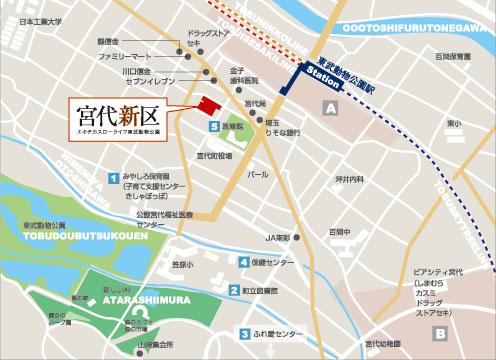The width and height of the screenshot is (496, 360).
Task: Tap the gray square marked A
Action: (x=327, y=107)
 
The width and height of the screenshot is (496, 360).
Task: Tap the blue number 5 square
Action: (x=214, y=127)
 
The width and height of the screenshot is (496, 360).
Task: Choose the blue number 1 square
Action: (x=112, y=178)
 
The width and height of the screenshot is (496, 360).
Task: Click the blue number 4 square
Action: (x=243, y=262)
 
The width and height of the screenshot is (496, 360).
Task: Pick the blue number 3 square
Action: (x=243, y=334)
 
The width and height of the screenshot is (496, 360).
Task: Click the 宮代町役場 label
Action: (x=214, y=157)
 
